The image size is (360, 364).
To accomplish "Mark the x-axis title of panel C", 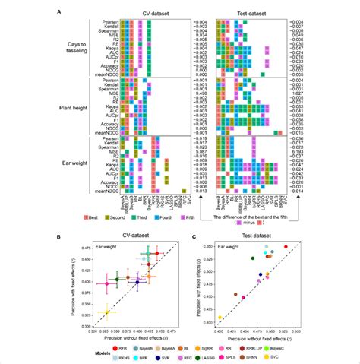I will pos(258,337).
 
